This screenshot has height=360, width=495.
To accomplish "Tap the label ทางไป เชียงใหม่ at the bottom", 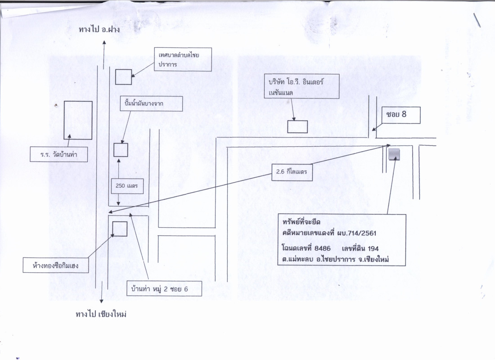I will (x=101, y=314).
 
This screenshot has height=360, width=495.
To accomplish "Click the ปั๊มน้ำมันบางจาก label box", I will (x=151, y=104).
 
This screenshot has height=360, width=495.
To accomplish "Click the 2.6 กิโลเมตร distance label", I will (x=292, y=171).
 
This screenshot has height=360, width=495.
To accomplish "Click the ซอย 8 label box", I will (x=401, y=115).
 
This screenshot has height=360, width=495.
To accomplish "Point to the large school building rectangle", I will (x=78, y=120).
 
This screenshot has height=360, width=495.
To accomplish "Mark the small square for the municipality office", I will (x=123, y=77).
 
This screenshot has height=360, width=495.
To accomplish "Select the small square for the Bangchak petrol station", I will (x=121, y=150).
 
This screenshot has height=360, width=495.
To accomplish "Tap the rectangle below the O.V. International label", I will (x=297, y=126).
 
